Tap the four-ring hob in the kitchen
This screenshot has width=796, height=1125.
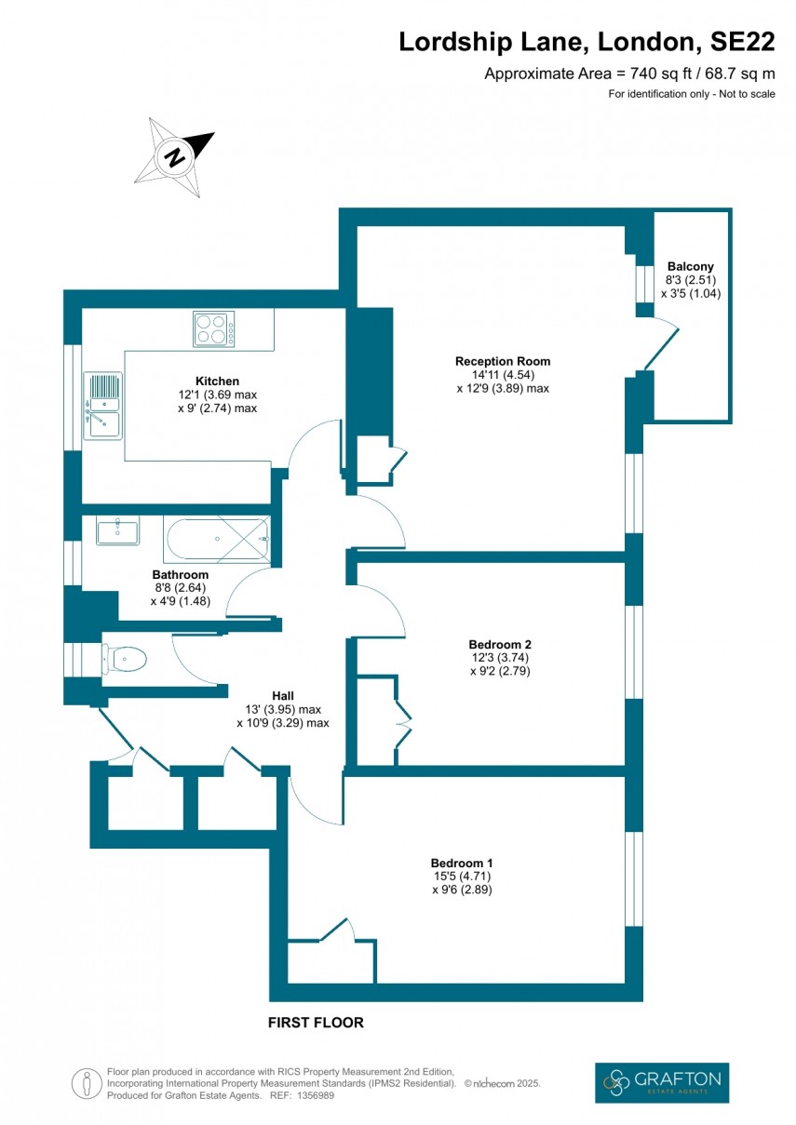click(x=213, y=328)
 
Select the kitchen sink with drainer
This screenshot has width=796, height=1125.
click(x=102, y=405)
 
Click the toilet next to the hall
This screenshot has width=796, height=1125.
click(x=125, y=660)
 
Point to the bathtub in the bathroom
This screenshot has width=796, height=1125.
click(x=218, y=539)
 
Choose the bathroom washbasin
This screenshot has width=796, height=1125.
click(x=117, y=532)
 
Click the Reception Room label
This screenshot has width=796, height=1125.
click(x=503, y=361)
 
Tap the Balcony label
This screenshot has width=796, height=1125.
click(x=690, y=266)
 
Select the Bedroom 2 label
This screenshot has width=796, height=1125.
click(x=500, y=644)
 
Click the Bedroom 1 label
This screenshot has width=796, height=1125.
click(x=462, y=862)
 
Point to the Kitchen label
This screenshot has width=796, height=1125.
click(x=217, y=381)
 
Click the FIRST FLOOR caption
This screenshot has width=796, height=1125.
click(x=316, y=1023)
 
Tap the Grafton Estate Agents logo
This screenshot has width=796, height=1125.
click(x=661, y=1083)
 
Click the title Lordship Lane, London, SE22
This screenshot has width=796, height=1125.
click(x=587, y=42)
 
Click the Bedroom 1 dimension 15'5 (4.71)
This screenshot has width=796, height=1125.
click(x=462, y=876)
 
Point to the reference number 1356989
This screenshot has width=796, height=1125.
click(x=316, y=1095)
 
